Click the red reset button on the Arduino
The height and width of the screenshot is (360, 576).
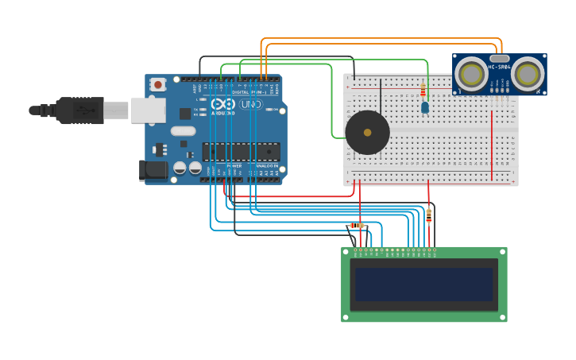click(158, 84)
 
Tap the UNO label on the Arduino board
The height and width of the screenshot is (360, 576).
click(251, 104)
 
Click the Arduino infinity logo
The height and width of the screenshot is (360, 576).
click(223, 104)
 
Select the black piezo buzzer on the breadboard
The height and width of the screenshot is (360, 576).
click(367, 132)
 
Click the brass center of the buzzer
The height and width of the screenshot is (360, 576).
click(367, 133)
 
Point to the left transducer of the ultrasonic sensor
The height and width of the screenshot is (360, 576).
click(472, 75)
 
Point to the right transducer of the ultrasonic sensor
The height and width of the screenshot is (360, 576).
click(528, 75)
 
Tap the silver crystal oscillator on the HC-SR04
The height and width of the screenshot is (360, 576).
click(499, 58)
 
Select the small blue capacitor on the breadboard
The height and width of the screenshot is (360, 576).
click(425, 106)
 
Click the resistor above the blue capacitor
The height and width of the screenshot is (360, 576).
click(423, 90)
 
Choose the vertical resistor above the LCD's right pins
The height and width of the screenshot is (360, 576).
click(429, 215)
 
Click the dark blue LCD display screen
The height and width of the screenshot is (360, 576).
click(424, 285)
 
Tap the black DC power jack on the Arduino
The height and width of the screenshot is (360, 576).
click(152, 169)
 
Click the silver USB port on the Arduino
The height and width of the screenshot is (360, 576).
click(148, 110)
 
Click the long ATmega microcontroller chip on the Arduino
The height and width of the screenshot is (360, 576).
click(241, 151)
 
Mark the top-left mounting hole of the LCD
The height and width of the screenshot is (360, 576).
click(346, 251)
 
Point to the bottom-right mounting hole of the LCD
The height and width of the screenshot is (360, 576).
click(502, 317)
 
